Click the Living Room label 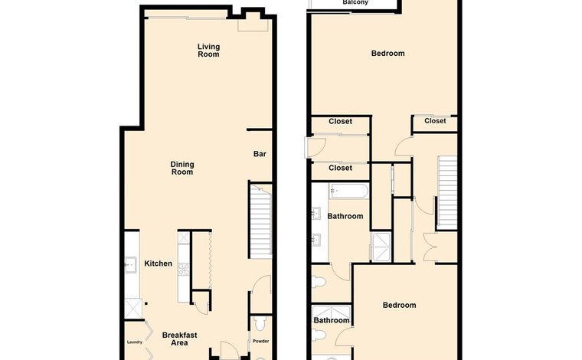(x=208, y=51)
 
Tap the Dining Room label (x=182, y=168)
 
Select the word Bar (x=260, y=154)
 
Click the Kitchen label (x=158, y=263)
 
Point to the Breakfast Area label (x=180, y=339)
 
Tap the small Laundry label (x=135, y=342)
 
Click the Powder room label (x=260, y=341)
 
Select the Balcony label (x=355, y=2)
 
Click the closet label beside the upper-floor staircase (x=435, y=120)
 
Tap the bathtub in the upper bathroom (x=349, y=191)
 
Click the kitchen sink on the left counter (x=131, y=264)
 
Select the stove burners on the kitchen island (x=184, y=269)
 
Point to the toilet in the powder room (x=260, y=323)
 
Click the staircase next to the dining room (x=260, y=221)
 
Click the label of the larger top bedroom (x=388, y=53)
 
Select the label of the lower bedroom (x=400, y=305)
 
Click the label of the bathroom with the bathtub (x=345, y=216)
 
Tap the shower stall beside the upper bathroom (x=381, y=247)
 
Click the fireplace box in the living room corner (x=253, y=25)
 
